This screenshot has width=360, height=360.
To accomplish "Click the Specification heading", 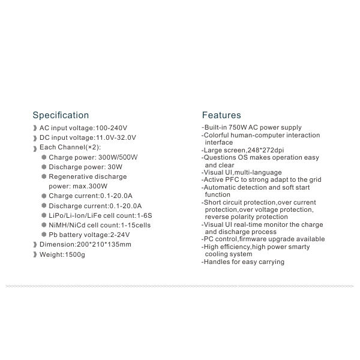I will point(61,115).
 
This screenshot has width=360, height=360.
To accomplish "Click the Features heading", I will point(221,115).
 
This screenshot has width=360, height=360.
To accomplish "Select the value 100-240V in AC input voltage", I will point(111,128).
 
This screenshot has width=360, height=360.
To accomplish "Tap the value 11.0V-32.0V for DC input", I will point(116,137).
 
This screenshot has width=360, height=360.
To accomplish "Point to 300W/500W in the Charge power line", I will point(121,157).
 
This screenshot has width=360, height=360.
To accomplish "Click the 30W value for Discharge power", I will point(115,167).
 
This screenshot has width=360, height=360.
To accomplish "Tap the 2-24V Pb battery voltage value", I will point(121,235).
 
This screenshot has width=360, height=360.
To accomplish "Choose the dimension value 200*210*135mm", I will point(102,244).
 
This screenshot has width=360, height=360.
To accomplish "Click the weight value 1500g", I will point(76,254).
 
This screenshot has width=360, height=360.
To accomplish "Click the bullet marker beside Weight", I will point(35,254).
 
